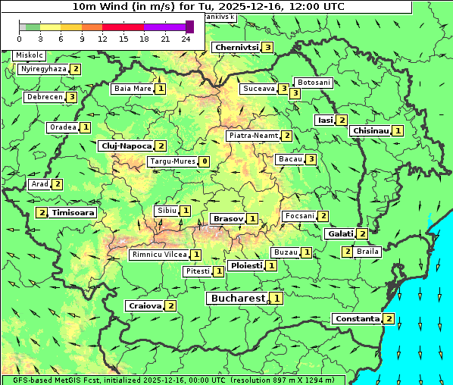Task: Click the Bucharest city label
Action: (x=238, y=299)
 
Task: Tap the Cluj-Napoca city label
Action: (x=125, y=146)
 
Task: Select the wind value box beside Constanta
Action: (x=389, y=318)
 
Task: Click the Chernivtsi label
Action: (x=236, y=47)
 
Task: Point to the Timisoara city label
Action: (x=73, y=213)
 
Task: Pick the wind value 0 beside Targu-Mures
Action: (x=204, y=161)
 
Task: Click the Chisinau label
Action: (x=370, y=130)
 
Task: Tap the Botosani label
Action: (x=314, y=82)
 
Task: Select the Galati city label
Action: (x=339, y=233)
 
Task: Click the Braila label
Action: (x=367, y=251)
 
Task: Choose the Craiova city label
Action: (x=145, y=305)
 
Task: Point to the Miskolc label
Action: (x=30, y=55)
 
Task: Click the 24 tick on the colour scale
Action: (x=186, y=39)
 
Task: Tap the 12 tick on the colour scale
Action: (x=102, y=39)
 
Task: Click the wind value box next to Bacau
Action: (x=311, y=159)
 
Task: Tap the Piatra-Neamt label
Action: (x=254, y=136)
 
